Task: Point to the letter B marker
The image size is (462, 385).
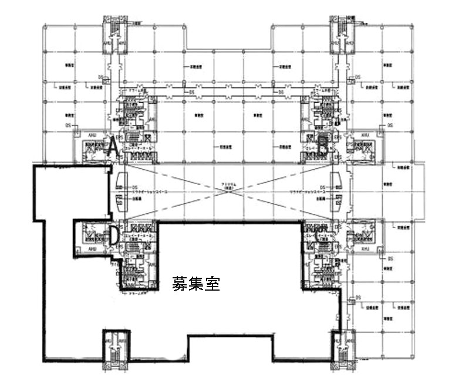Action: pyautogui.click(x=322, y=141)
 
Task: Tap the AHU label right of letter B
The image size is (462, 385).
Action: pyautogui.click(x=365, y=134)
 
